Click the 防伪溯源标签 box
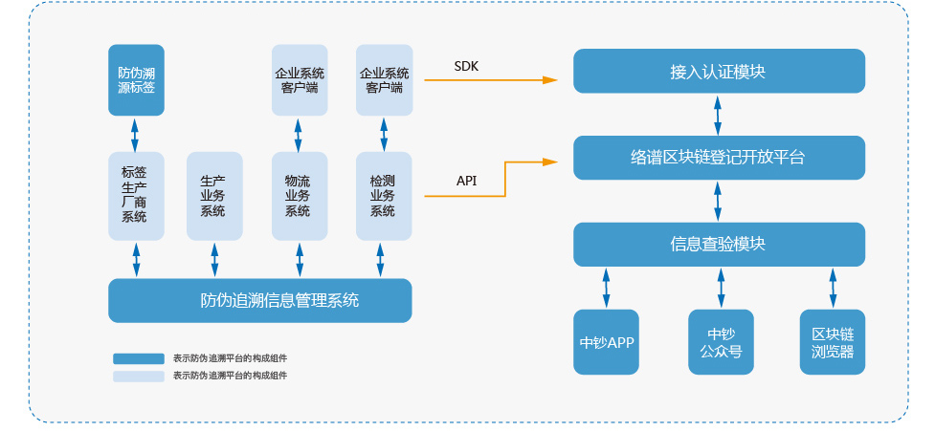coord(135,79)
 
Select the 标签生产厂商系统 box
coord(135,195)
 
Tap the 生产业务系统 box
coord(213,195)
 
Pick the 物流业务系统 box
coord(299,195)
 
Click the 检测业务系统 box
coord(384,195)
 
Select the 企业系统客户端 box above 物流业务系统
coord(299,79)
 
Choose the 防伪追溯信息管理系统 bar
coord(259,300)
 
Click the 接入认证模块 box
coord(719,72)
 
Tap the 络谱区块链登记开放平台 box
coord(719,158)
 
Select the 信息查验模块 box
coord(719,244)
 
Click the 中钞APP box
coord(607,342)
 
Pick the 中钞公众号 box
coord(721,342)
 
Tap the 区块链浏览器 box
coord(833,342)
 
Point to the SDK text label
coord(466,66)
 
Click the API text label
coord(466,181)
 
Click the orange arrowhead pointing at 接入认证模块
coord(549,79)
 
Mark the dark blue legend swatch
coord(139,358)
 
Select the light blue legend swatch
coord(139,377)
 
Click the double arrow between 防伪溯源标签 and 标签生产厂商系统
coord(135,134)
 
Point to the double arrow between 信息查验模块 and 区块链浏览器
coord(833,287)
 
